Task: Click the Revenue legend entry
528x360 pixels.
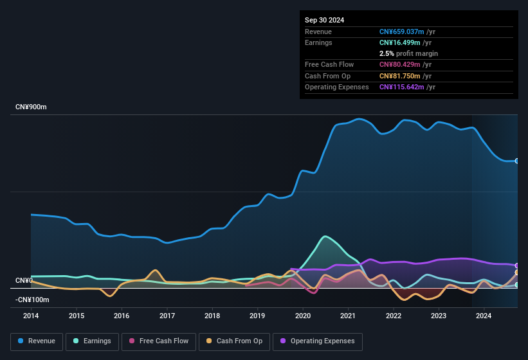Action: click(37, 341)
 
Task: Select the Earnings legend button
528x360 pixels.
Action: click(92, 341)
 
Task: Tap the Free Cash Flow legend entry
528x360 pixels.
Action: click(159, 341)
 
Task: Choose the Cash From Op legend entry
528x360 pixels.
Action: click(233, 341)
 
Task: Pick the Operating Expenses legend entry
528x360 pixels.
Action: click(318, 341)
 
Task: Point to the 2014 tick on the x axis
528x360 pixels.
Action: click(31, 316)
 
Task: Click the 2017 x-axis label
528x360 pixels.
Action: click(167, 316)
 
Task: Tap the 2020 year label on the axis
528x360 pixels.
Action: click(303, 316)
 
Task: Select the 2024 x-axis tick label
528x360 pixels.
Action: click(484, 316)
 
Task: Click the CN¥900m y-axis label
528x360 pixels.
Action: click(31, 107)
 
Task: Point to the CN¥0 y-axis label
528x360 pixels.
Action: click(24, 281)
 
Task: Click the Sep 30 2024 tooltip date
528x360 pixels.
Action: click(324, 20)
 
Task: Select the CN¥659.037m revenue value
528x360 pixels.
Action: click(402, 32)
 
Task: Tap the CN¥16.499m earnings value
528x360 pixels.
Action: click(400, 42)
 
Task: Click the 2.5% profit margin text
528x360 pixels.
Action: click(408, 53)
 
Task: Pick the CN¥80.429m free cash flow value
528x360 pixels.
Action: click(400, 64)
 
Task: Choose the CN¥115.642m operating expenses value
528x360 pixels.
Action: click(402, 87)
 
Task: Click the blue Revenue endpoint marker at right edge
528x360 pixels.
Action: click(517, 161)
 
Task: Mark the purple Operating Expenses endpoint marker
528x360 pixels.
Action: click(517, 265)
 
